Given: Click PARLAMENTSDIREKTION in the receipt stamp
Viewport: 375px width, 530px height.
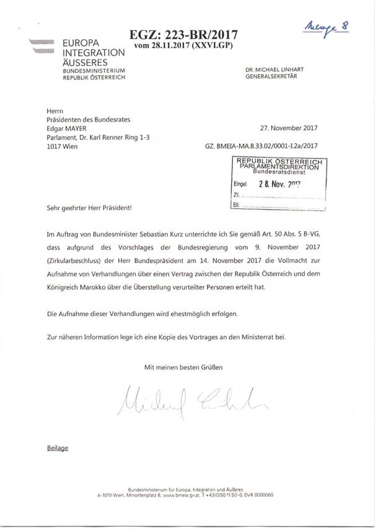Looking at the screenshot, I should coord(278,167).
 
